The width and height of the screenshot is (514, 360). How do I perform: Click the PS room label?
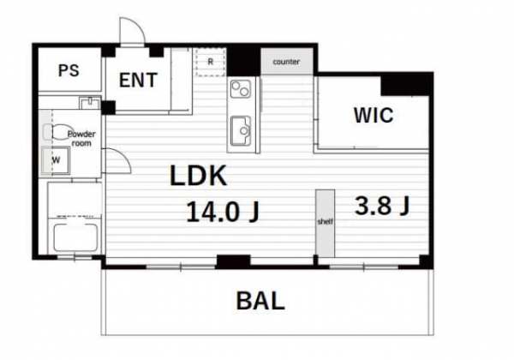69,70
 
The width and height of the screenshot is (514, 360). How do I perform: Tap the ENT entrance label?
138,81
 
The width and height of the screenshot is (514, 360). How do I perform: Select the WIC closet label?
374,115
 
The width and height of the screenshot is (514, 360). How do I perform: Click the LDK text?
199,176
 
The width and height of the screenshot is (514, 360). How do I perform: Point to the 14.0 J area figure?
223,212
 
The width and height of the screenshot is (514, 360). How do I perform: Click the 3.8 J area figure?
382,206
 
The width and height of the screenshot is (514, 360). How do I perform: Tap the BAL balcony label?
260,301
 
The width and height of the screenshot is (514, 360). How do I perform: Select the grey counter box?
287,62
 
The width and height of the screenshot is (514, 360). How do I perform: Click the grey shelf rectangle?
326,223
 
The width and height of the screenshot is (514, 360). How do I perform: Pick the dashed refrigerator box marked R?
211,62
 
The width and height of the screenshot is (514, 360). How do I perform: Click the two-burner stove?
240,88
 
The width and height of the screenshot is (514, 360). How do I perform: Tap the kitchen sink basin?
241,131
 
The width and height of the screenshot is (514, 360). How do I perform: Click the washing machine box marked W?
56,160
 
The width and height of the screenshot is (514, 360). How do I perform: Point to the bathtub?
75,237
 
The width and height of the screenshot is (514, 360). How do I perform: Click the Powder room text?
81,138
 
